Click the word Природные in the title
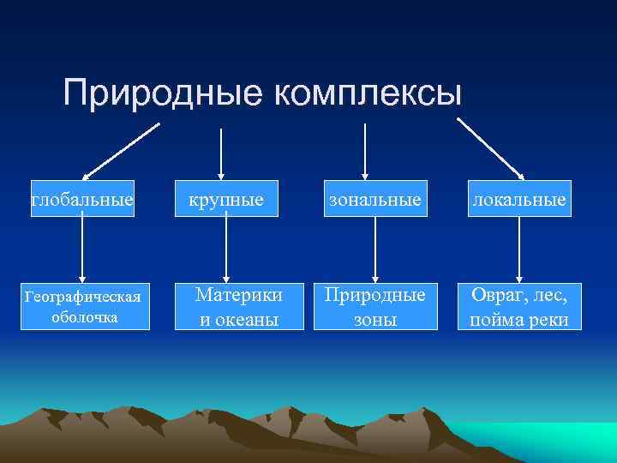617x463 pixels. [x=164, y=93]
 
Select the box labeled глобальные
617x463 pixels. [x=82, y=200]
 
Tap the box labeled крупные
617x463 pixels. [x=226, y=200]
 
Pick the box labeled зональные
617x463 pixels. [x=375, y=200]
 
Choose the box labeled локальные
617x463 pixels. [x=519, y=200]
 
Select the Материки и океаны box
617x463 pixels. [x=226, y=306]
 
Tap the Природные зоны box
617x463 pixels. [x=375, y=306]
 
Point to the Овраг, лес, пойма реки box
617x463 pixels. [x=519, y=306]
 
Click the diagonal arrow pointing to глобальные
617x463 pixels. [x=122, y=149]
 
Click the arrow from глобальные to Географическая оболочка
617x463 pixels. [x=82, y=249]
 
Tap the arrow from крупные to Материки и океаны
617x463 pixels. [x=225, y=249]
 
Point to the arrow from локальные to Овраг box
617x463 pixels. [x=519, y=249]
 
